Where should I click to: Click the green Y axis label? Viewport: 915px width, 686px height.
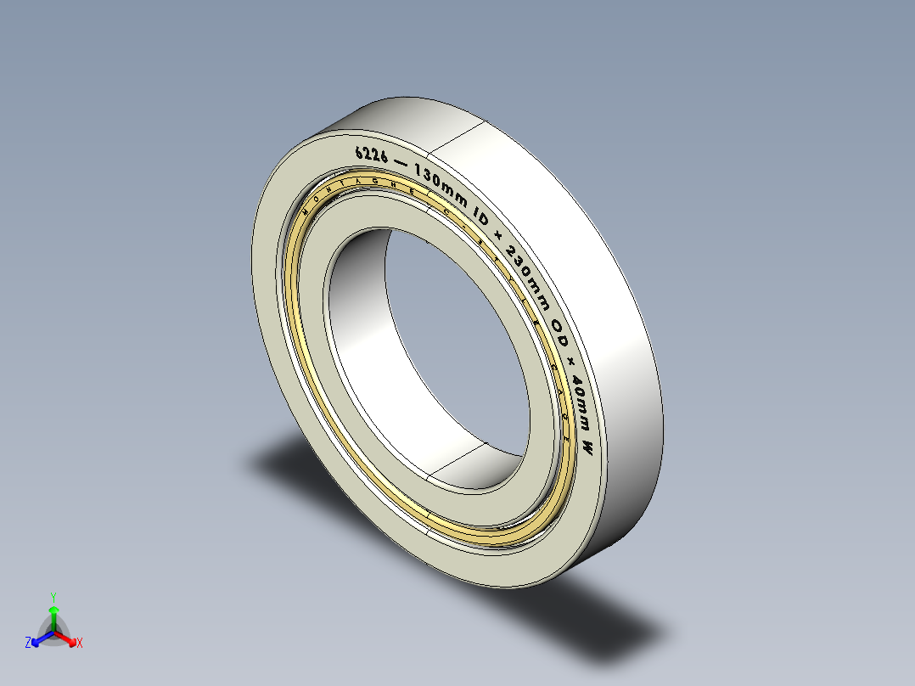click(x=53, y=597)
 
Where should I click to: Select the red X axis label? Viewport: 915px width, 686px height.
click(x=80, y=644)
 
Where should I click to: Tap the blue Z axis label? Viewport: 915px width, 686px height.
click(x=28, y=644)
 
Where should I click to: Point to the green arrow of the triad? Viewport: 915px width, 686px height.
click(x=53, y=613)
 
